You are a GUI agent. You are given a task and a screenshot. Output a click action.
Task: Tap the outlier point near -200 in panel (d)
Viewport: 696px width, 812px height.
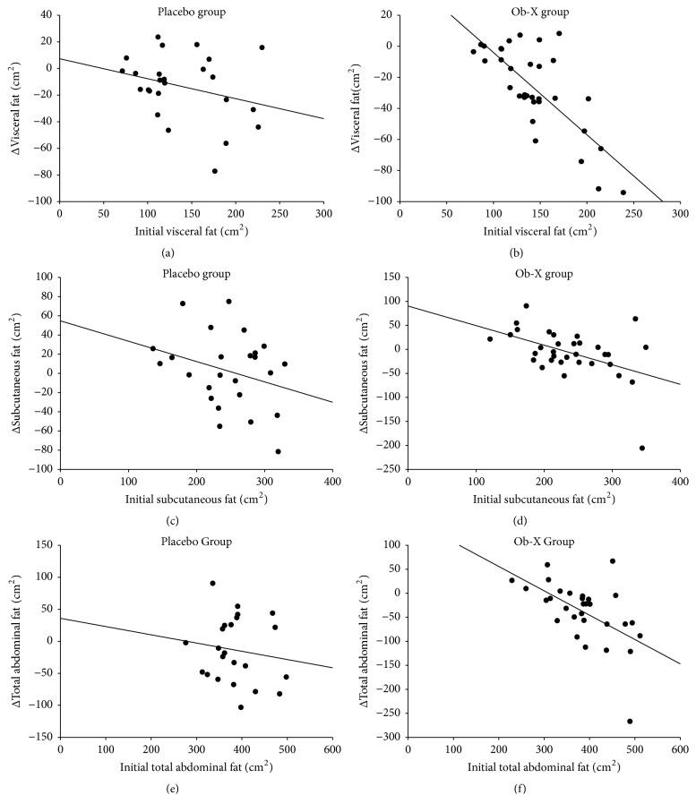pos(642,448)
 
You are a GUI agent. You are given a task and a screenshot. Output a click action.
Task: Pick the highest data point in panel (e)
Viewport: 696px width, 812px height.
pos(212,583)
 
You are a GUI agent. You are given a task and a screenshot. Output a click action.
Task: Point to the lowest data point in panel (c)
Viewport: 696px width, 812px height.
pos(278,451)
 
